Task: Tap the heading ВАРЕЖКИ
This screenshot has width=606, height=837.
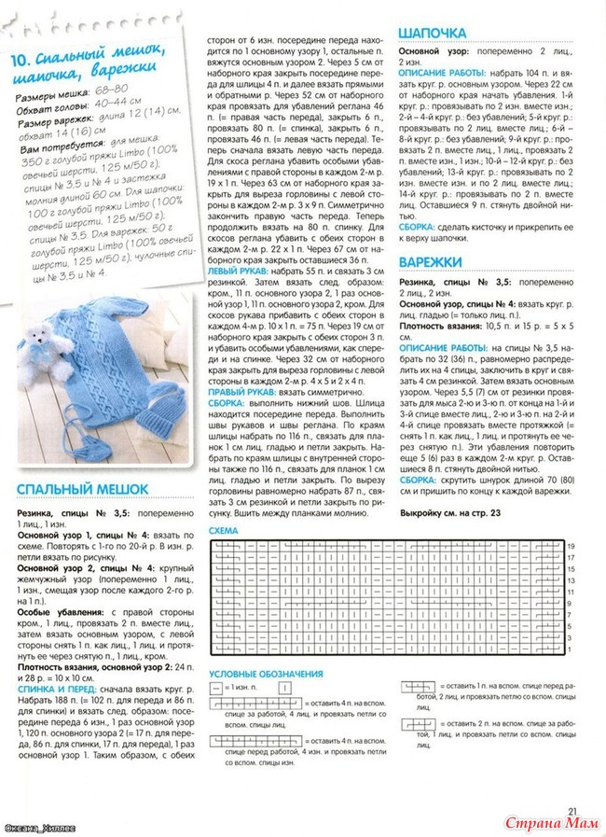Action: point(432,262)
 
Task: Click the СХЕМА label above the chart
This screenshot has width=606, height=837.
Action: point(225,530)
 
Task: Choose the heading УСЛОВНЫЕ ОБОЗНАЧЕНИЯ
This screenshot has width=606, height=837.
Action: point(266,674)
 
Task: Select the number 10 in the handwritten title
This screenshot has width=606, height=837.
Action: point(22,63)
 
